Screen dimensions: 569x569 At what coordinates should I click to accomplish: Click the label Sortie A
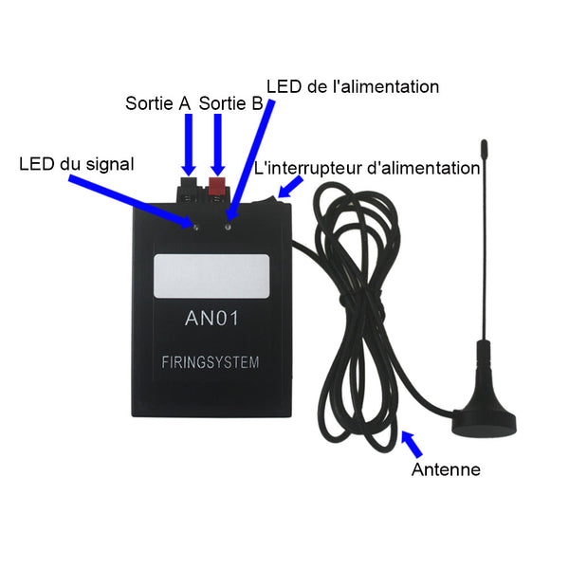pos(158,101)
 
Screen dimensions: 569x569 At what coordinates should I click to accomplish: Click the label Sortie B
pos(230,101)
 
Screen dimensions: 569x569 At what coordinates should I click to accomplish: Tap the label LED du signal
pos(76,164)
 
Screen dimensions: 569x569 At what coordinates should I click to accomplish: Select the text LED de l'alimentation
pos(353,87)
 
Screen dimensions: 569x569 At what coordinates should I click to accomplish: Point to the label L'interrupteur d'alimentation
pos(367,169)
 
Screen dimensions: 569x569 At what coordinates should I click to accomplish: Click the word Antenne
pos(446,469)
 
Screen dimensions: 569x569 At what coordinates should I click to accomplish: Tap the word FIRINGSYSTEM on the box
pos(211,362)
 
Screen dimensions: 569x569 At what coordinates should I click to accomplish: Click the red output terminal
pos(218,185)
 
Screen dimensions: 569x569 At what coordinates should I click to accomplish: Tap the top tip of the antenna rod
pos(484,144)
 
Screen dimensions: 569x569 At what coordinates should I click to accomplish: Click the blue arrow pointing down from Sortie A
pos(189,142)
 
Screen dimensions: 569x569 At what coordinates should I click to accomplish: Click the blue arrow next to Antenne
pos(413,443)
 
